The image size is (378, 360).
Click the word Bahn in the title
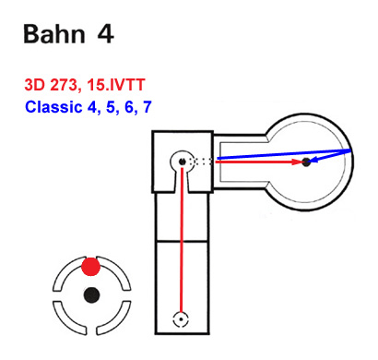point(54,33)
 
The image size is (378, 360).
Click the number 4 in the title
point(106,33)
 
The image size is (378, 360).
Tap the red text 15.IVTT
point(116,85)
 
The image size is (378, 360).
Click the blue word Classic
point(53,107)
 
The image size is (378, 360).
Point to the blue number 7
point(148,107)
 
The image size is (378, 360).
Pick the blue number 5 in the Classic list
point(111,107)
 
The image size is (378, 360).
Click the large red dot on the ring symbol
point(91,267)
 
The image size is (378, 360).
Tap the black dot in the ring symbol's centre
point(91,295)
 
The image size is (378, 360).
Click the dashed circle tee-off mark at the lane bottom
point(181,319)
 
